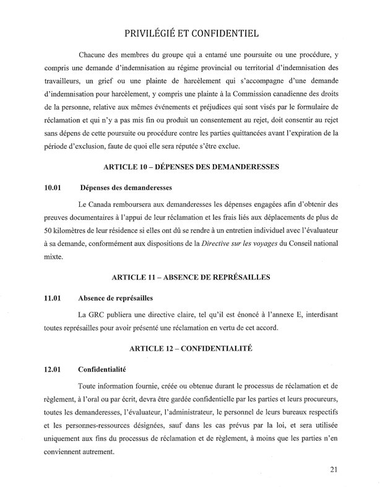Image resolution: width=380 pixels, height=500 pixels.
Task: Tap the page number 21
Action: click(334, 486)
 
